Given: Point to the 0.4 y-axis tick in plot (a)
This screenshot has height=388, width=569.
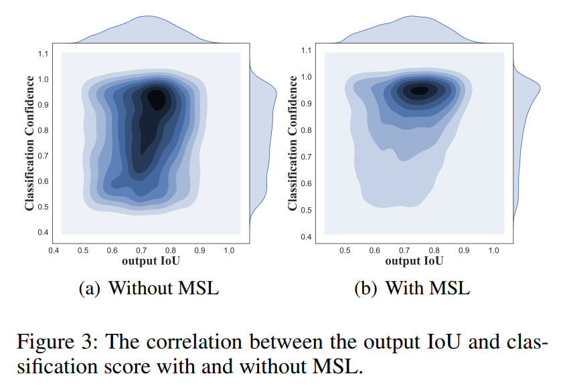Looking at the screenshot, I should point(42,232).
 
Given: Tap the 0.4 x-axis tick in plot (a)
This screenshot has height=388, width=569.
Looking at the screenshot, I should point(54,250).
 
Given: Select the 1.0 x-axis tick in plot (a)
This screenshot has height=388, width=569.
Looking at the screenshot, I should point(228,250).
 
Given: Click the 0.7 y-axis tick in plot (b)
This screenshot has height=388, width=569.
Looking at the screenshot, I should point(305,157).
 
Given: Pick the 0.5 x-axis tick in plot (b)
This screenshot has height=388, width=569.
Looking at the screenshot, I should point(345,250).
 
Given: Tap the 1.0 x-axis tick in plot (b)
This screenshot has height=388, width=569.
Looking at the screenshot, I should point(493,250).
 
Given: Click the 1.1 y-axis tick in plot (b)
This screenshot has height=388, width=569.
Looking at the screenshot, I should point(305,50).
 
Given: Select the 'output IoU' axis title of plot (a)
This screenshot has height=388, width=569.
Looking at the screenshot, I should point(151,260).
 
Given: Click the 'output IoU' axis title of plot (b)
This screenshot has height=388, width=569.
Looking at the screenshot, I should point(414,260).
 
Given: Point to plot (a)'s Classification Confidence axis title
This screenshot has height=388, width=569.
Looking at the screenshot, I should point(29,143).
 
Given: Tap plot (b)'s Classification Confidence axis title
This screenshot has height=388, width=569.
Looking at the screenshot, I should point(293,143).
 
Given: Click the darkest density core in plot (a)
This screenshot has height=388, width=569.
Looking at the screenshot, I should point(157,98).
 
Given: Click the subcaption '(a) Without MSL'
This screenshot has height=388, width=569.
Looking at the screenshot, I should point(149,288).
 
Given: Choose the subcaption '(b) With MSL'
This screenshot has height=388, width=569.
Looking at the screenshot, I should point(412,288).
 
